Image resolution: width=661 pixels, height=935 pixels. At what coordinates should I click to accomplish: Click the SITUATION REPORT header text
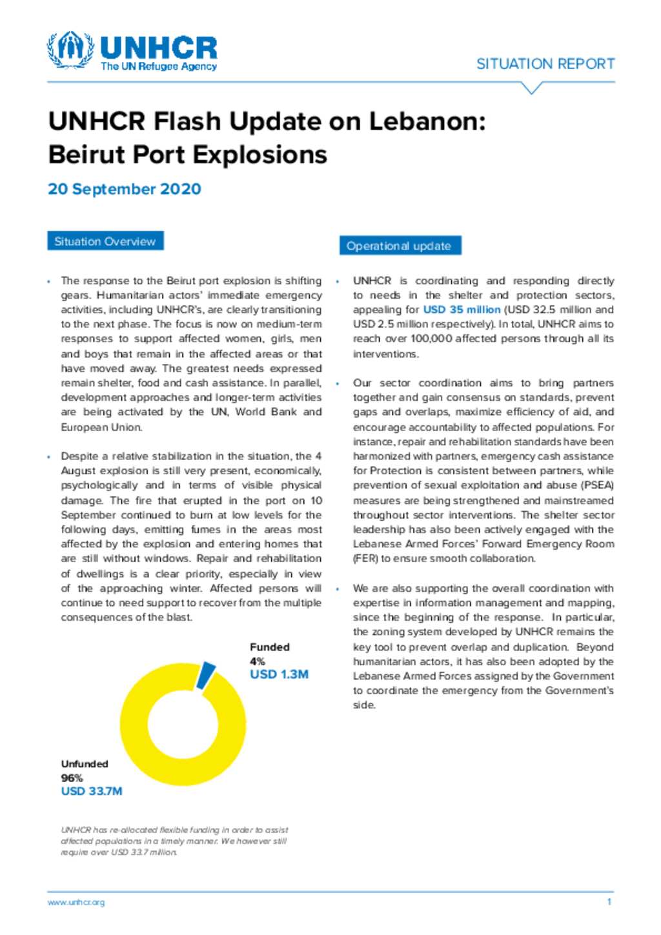[545, 64]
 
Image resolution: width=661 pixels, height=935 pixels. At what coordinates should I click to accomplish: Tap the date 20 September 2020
[125, 189]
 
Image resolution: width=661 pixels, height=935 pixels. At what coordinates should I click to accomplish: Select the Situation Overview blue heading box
[105, 241]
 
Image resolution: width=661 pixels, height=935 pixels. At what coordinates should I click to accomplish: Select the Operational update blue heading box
[399, 246]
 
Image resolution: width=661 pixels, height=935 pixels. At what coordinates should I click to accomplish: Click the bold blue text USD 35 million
[462, 310]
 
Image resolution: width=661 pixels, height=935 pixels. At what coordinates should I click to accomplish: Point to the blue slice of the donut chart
[206, 674]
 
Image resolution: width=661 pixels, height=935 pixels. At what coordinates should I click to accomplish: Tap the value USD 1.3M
[279, 674]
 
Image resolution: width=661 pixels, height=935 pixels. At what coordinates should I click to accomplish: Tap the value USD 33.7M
[92, 791]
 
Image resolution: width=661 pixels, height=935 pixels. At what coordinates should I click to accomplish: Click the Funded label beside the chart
[270, 647]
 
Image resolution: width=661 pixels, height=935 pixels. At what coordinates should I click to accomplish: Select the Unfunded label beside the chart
[85, 764]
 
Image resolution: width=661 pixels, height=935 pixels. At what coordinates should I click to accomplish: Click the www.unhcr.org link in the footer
[76, 902]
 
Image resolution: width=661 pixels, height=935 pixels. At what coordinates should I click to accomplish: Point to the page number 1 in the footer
[609, 901]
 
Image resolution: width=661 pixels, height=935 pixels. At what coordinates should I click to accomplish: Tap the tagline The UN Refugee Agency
[159, 66]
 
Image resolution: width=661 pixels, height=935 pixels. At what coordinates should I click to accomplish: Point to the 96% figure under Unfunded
[72, 778]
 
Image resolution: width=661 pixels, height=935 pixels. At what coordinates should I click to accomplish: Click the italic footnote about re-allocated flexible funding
[174, 841]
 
